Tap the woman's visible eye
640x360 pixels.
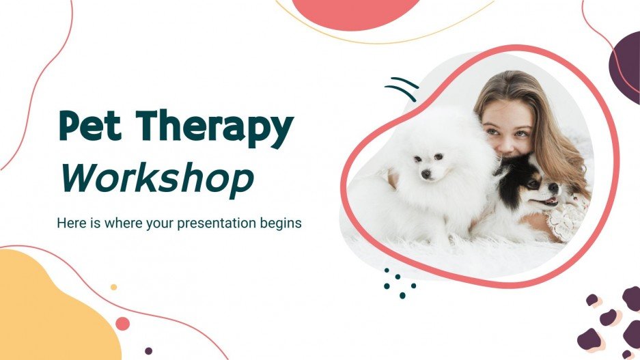click(x=522, y=133)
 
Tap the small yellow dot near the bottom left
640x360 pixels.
click(x=113, y=287)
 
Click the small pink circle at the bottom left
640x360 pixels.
click(x=123, y=323)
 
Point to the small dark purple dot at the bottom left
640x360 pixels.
click(x=148, y=350)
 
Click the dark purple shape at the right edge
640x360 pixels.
click(x=627, y=65)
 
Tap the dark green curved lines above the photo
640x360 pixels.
click(x=402, y=89)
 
